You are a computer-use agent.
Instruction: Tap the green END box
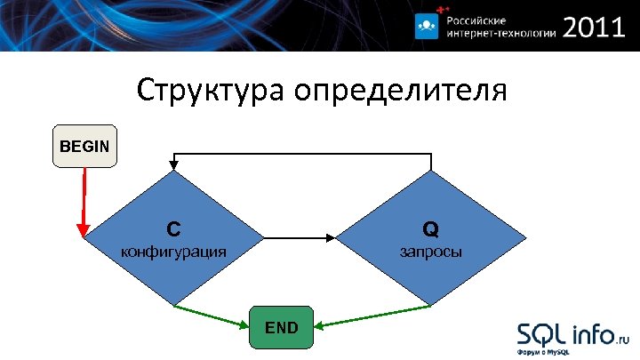tap(282, 327)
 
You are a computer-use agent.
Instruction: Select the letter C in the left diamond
tap(173, 228)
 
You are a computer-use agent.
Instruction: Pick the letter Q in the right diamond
tap(430, 229)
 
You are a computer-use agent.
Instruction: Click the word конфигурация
tap(173, 252)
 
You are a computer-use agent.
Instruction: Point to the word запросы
tap(430, 252)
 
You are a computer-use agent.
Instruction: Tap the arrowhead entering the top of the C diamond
tap(175, 165)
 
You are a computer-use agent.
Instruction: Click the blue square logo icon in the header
tap(427, 28)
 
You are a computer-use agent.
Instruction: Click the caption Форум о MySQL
tap(544, 352)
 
